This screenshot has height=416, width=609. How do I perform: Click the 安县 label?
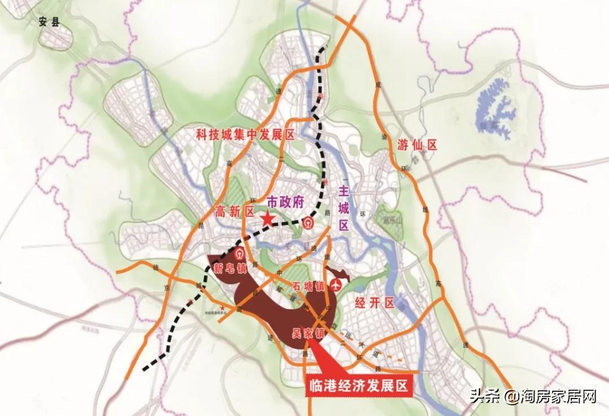pyautogui.click(x=49, y=23)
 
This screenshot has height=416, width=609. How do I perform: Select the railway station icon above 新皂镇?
pyautogui.click(x=240, y=252)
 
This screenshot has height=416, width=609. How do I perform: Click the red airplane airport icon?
pyautogui.click(x=337, y=286)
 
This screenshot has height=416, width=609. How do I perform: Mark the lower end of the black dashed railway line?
pyautogui.click(x=145, y=370)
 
